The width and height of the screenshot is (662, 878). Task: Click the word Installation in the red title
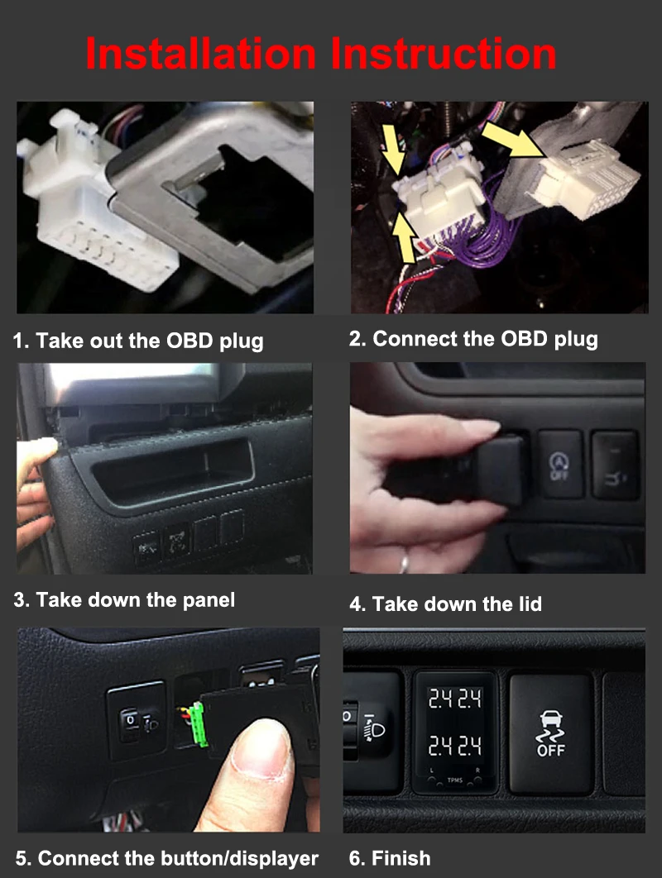click(200, 54)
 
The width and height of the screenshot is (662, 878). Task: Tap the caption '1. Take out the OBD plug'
click(138, 341)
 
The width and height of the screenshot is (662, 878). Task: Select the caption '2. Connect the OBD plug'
click(473, 339)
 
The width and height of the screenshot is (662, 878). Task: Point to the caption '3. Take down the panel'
click(124, 599)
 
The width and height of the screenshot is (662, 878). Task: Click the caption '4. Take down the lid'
click(445, 604)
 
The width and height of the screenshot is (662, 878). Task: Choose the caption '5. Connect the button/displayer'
click(166, 858)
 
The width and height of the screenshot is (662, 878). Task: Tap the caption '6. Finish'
click(389, 858)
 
